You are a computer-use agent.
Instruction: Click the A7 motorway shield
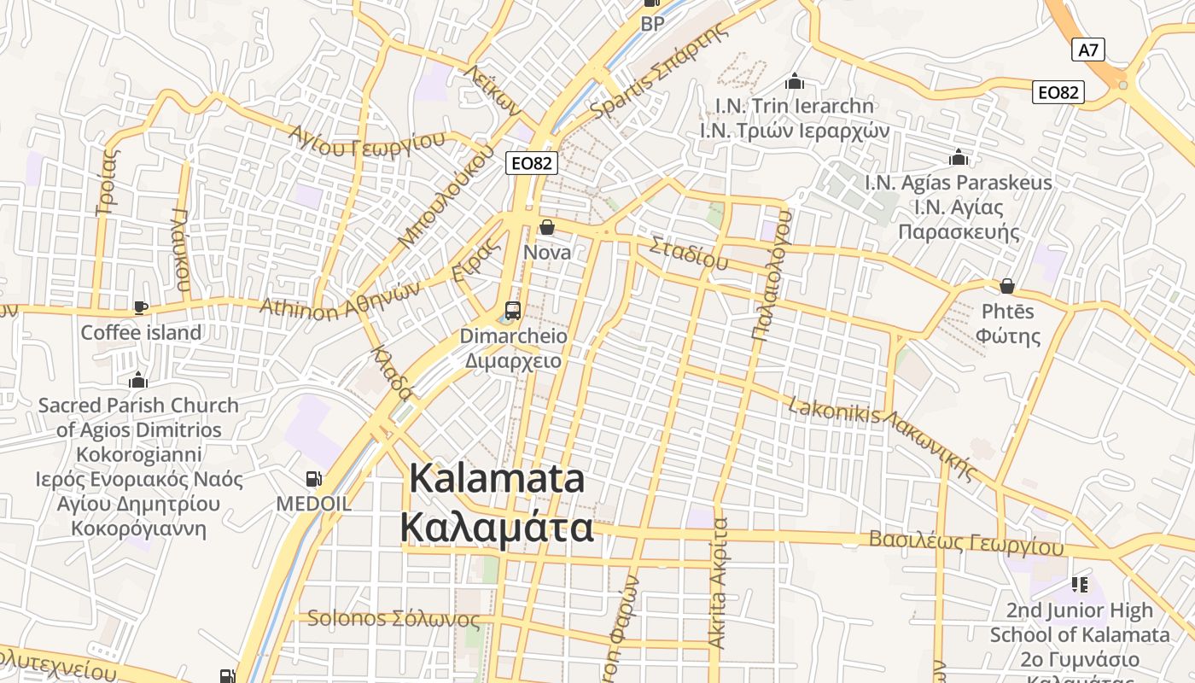[1088, 50]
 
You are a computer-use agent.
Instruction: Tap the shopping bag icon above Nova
[547, 227]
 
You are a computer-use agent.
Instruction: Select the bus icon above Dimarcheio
[513, 310]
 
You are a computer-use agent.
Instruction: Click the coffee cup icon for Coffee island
[141, 307]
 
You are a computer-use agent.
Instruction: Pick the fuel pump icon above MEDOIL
[313, 479]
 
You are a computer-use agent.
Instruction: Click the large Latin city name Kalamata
[498, 478]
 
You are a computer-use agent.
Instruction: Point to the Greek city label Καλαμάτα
[497, 528]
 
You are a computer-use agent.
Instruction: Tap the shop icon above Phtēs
[1007, 286]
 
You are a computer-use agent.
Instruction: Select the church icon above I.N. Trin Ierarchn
[795, 81]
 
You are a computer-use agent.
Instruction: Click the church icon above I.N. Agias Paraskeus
[959, 158]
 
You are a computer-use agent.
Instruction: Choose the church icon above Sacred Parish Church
[137, 380]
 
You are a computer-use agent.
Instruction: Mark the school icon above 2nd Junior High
[1080, 585]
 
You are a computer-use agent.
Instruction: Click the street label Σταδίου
[688, 253]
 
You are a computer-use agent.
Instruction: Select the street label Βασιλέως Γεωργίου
[966, 543]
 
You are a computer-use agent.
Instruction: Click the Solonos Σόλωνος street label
[393, 618]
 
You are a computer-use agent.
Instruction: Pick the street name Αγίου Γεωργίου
[367, 142]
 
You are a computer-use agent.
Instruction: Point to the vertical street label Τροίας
[108, 182]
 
